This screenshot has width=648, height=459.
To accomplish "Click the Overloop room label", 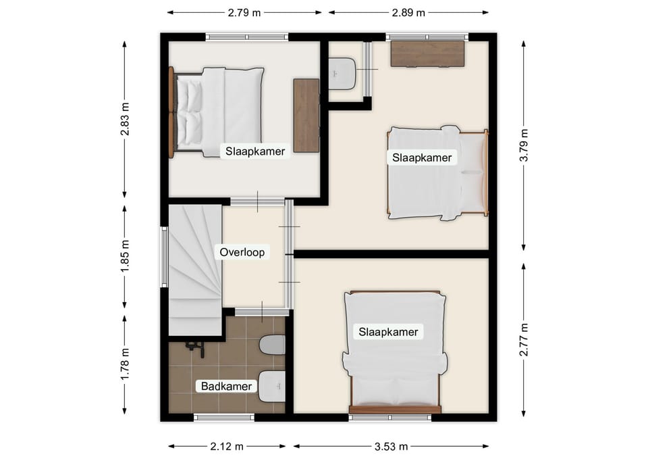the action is click(242, 252).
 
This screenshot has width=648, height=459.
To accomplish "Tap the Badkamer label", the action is click(227, 386).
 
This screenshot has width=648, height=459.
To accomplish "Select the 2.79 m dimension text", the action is click(244, 13).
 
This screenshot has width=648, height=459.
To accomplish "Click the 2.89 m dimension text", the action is click(408, 13).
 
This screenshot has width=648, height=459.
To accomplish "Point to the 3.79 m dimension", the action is click(524, 145).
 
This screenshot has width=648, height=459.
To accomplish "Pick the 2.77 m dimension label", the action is click(524, 339).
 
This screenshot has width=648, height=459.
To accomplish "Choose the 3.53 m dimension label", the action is click(391, 447).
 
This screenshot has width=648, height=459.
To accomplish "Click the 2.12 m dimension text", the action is click(227, 447).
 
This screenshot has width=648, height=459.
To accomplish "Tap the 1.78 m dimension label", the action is click(125, 364).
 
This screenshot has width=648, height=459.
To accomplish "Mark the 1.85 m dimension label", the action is click(125, 256).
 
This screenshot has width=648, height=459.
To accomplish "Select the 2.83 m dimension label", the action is click(125, 119).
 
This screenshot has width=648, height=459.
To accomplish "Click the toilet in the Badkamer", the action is click(272, 345).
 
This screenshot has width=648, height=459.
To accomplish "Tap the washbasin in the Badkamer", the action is click(272, 386).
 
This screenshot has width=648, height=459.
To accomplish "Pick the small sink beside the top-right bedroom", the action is click(342, 73).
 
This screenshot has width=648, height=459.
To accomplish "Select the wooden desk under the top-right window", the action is click(428, 53).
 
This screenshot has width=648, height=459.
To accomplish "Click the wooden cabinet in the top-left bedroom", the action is click(306, 116).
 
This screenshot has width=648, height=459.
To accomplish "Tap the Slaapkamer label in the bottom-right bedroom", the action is click(388, 332).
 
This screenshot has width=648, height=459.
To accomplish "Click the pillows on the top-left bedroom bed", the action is click(190, 112).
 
